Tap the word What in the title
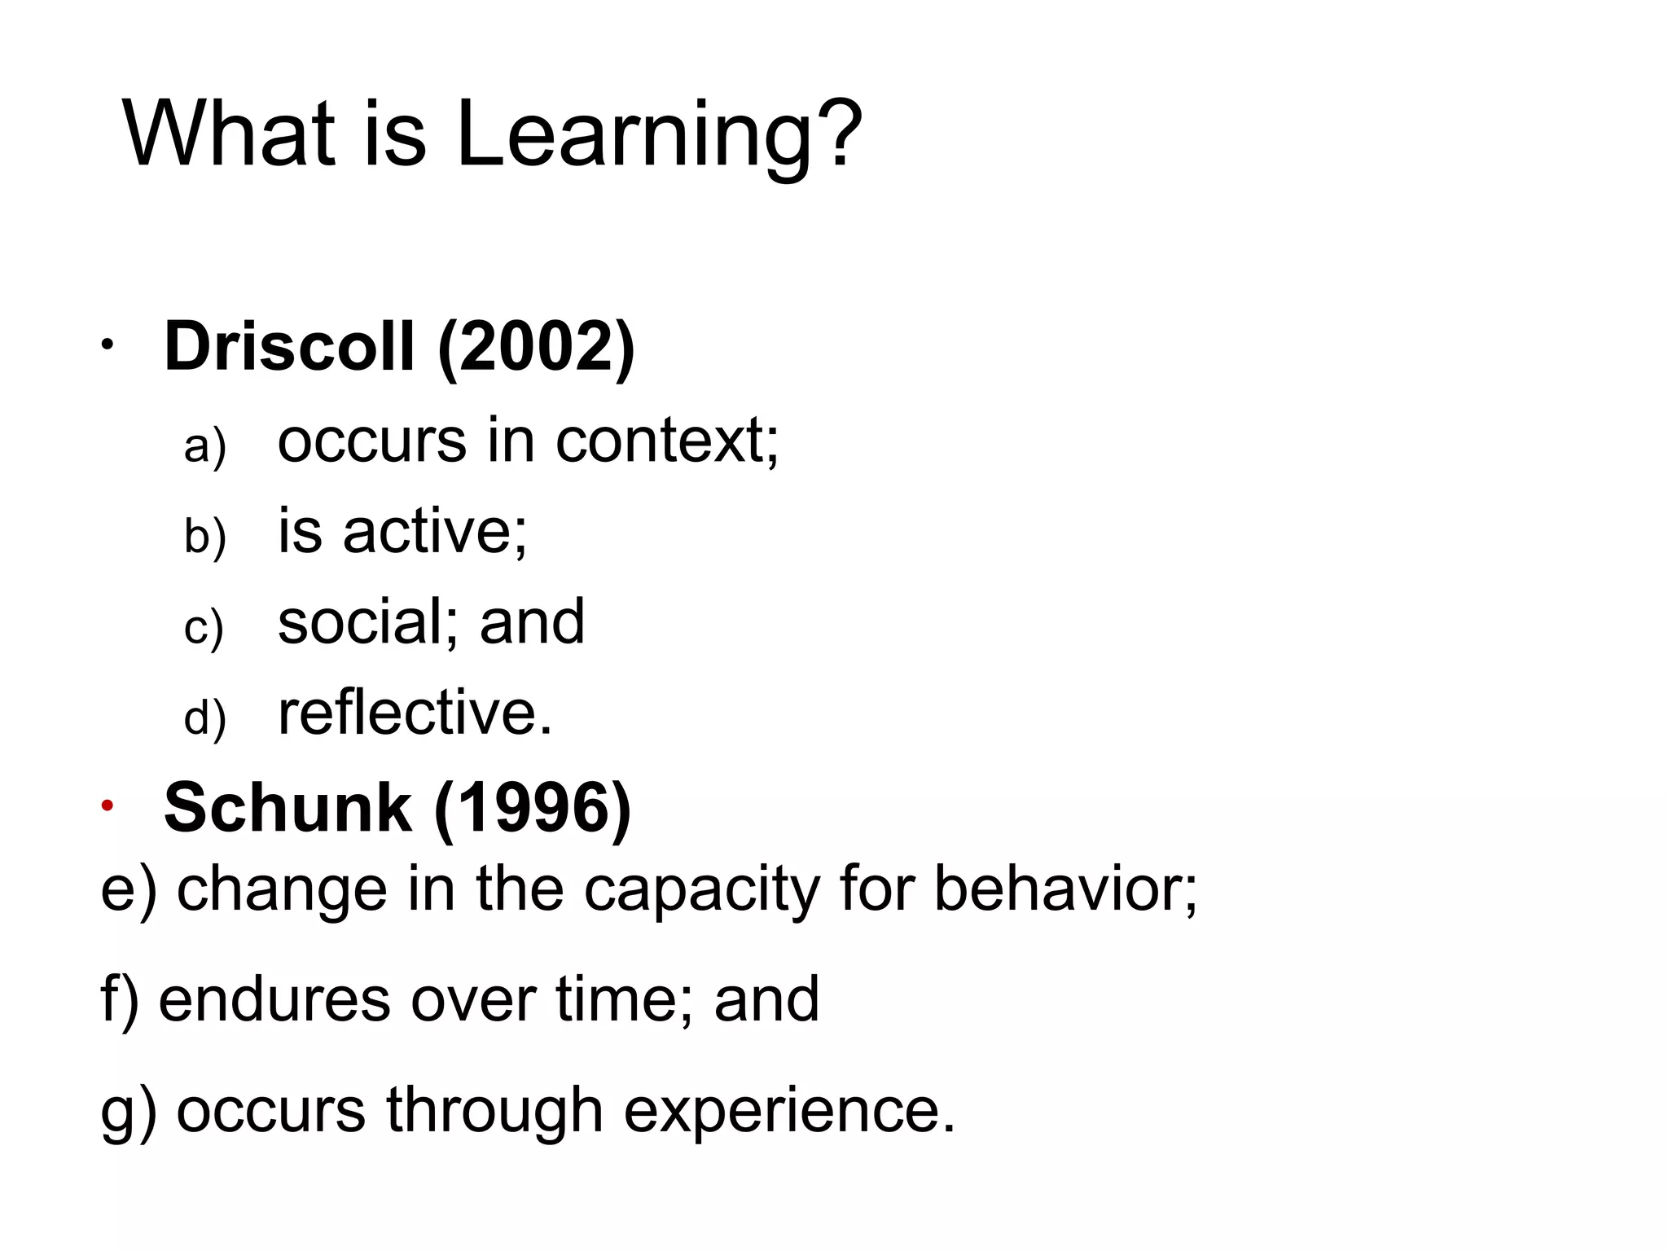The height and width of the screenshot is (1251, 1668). [x=229, y=134]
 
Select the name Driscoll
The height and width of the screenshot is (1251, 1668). [x=289, y=346]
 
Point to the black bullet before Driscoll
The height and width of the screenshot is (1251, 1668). [x=107, y=345]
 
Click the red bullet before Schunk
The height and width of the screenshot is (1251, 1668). [x=107, y=806]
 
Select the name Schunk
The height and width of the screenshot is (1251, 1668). [x=288, y=807]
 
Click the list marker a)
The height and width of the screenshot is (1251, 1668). [x=204, y=446]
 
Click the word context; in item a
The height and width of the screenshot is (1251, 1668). [x=666, y=441]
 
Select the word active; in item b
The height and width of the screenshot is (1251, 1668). [x=435, y=532]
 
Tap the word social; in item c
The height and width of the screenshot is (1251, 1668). [x=370, y=622]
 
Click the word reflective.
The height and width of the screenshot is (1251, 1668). [x=415, y=713]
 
